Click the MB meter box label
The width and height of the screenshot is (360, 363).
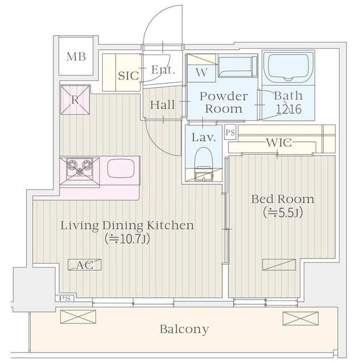click(x=76, y=57)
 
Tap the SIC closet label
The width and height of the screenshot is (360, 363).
click(x=128, y=75)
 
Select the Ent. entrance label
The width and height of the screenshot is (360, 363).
click(x=163, y=70)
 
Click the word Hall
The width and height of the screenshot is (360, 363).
click(x=162, y=105)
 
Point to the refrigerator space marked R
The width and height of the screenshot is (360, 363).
click(x=75, y=100)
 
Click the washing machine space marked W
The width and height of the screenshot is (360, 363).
click(x=201, y=73)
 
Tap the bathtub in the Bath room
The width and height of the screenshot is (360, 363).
click(x=288, y=68)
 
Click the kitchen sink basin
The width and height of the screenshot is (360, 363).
click(x=121, y=168)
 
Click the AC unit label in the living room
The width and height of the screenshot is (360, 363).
click(x=84, y=265)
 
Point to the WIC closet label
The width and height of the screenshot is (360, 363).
click(x=279, y=142)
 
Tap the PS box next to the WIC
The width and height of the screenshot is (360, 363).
click(x=230, y=132)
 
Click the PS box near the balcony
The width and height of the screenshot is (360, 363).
click(x=65, y=298)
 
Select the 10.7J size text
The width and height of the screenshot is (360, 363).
click(x=127, y=239)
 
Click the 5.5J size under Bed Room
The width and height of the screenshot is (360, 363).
click(x=283, y=213)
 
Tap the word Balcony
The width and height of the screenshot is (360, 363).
click(x=184, y=329)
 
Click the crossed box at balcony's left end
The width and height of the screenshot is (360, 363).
click(x=78, y=316)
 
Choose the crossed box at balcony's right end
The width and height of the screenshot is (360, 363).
click(x=300, y=319)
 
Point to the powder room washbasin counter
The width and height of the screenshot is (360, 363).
click(x=238, y=67)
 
